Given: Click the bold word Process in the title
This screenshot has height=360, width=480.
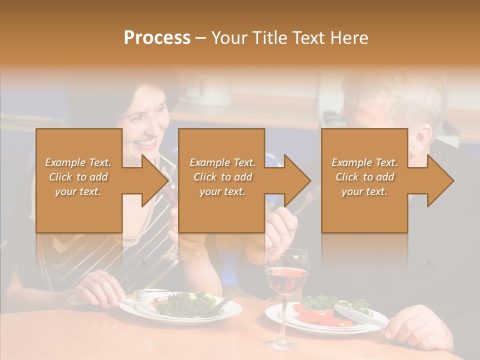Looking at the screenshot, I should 157,38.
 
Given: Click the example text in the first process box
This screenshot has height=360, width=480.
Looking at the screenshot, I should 78,177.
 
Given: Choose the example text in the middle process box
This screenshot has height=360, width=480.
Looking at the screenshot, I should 222,177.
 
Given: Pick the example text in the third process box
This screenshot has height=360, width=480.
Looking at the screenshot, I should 364,177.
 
